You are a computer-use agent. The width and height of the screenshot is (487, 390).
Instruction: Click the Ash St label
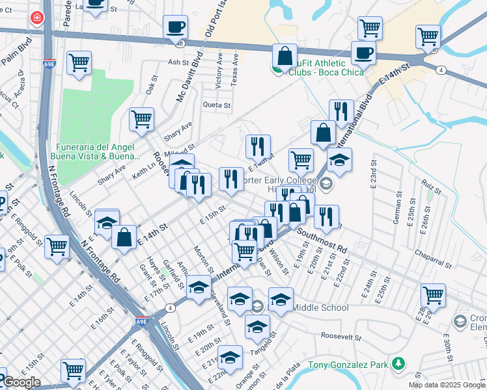[178, 62]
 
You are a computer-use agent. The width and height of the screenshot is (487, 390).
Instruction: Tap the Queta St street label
[217, 105]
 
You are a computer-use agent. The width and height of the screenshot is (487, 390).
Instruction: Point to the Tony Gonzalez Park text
[348, 365]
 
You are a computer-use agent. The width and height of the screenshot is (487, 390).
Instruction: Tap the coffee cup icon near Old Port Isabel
[175, 27]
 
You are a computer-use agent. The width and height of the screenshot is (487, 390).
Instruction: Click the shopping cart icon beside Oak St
[141, 120]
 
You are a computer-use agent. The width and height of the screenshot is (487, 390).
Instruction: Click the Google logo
[21, 382]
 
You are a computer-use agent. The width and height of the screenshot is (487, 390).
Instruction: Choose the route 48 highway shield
[180, 43]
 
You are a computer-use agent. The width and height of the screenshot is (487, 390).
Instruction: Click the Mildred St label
[183, 149]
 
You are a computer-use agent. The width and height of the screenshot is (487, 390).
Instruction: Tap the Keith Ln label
[143, 171]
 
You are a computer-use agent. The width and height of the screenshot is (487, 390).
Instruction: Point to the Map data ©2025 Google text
[447, 385]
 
